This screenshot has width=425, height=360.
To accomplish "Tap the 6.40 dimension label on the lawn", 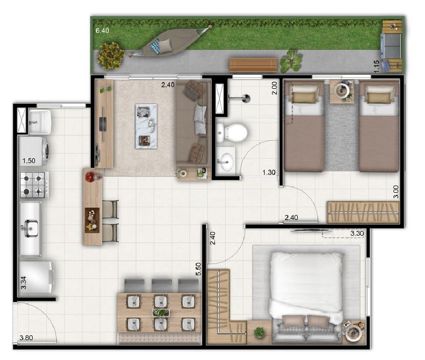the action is (102, 31).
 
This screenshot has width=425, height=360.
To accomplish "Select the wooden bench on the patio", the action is (253, 65).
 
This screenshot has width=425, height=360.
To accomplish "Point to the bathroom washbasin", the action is (226, 159).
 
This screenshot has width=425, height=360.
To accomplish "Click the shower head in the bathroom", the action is (246, 98).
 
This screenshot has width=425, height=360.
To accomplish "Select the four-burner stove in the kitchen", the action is (34, 185).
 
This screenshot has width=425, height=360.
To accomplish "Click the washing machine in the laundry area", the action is (34, 151).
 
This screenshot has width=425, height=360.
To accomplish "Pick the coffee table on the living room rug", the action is (146, 126).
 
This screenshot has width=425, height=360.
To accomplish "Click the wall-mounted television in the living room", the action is (102, 124).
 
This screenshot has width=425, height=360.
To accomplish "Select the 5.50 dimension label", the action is (198, 269).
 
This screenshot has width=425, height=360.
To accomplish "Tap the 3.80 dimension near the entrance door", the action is (26, 338).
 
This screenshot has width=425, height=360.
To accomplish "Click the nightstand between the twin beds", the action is (342, 91).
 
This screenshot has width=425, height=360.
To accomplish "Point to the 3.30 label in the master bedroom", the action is (357, 233).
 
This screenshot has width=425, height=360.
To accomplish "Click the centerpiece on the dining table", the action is (161, 313).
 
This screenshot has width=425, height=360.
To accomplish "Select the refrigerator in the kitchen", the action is (36, 277).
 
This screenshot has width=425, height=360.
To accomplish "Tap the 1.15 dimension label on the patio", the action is (376, 66).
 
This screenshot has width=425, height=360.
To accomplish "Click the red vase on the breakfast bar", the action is (90, 177).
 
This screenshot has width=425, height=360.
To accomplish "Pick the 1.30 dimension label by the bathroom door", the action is (269, 173).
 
